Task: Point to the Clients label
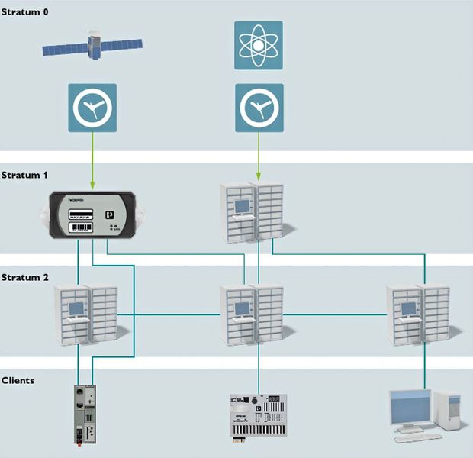click(x=18, y=379)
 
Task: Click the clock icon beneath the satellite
click(x=92, y=108)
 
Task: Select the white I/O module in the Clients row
click(x=258, y=415)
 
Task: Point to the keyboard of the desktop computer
click(x=418, y=437)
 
